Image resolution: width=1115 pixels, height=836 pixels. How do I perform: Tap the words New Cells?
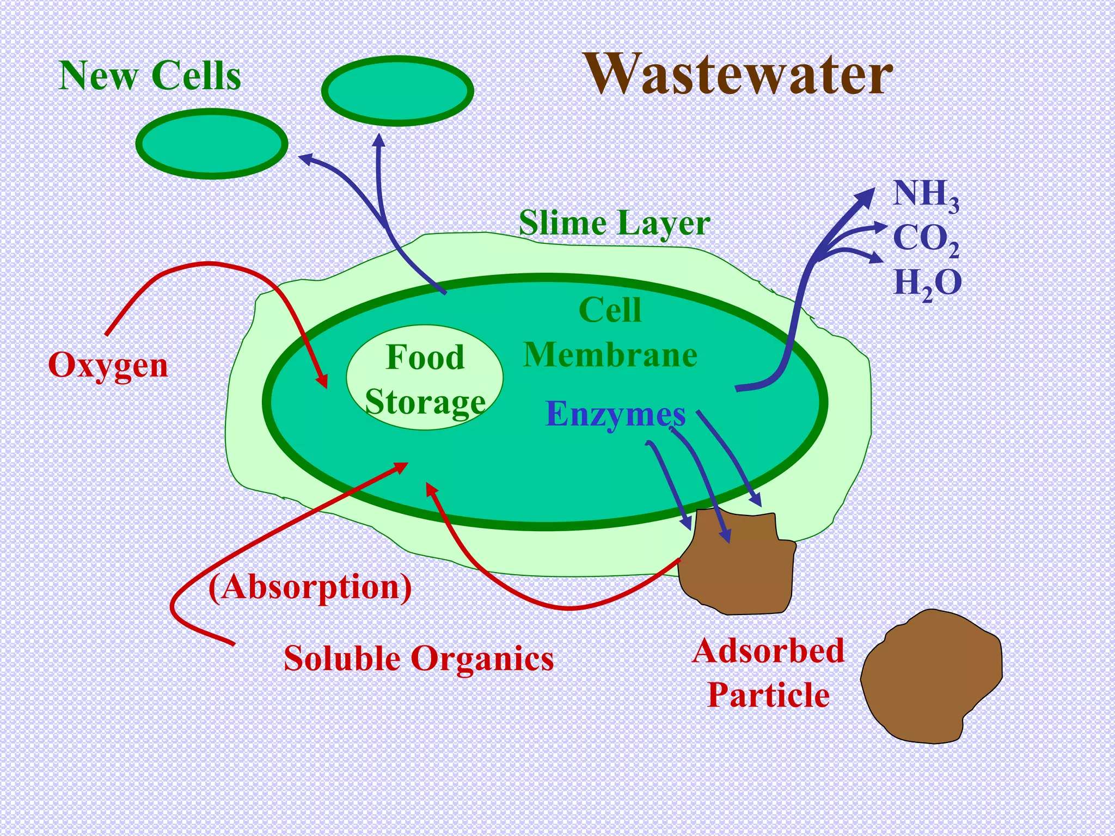pyautogui.click(x=150, y=76)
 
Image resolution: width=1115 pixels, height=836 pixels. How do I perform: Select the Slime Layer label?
pyautogui.click(x=614, y=223)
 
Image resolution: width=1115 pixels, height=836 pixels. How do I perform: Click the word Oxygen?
pyautogui.click(x=108, y=365)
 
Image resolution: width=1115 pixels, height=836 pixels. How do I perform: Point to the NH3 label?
pyautogui.click(x=926, y=195)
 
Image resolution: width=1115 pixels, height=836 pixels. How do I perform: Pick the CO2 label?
pyautogui.click(x=926, y=239)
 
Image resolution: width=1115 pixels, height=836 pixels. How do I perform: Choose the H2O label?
pyautogui.click(x=927, y=284)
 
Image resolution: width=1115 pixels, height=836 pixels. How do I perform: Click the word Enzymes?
pyautogui.click(x=615, y=414)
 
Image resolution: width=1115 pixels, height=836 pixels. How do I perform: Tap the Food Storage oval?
pyautogui.click(x=425, y=378)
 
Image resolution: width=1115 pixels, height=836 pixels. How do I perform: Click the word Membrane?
pyautogui.click(x=610, y=355)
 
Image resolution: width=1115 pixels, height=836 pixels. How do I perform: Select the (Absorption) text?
pyautogui.click(x=310, y=587)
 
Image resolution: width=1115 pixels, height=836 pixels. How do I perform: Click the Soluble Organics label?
pyautogui.click(x=419, y=659)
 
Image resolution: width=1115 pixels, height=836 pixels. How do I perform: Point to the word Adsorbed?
pyautogui.click(x=768, y=651)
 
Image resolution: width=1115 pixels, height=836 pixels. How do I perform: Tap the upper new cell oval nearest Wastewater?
pyautogui.click(x=397, y=91)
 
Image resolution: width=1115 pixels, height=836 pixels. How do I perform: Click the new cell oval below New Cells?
pyautogui.click(x=211, y=144)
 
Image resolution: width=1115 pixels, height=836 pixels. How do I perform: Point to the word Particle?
pyautogui.click(x=768, y=695)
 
